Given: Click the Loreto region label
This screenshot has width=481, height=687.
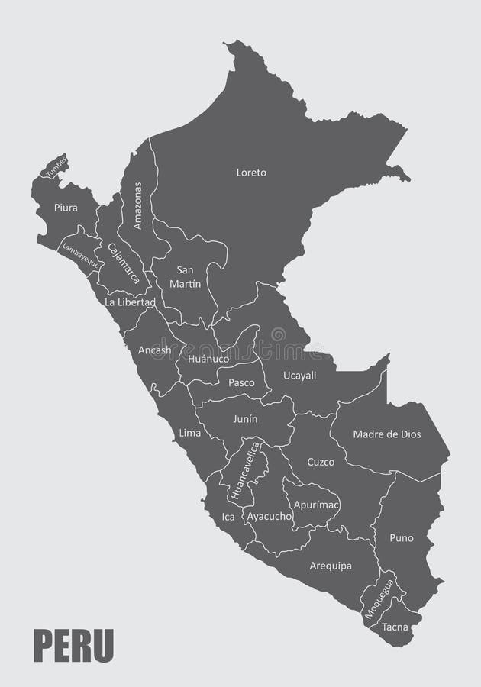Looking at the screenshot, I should click(251, 173).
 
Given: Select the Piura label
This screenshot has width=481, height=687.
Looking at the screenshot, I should click(66, 207).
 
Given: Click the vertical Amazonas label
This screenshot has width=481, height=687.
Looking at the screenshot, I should click(137, 205).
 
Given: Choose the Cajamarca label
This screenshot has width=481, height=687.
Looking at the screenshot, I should click(124, 263).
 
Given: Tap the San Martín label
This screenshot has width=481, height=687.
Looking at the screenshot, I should click(189, 276).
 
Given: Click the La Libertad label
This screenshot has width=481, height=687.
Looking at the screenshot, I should click(130, 302).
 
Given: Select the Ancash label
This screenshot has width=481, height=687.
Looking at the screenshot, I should click(154, 350).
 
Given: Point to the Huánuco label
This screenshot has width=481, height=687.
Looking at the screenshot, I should click(208, 357).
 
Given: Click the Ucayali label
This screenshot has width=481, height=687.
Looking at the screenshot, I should click(299, 376).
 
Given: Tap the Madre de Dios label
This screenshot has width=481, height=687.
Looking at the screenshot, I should click(387, 434).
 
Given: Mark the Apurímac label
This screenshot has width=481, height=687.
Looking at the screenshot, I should click(315, 505).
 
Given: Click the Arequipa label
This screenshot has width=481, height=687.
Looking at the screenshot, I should click(331, 566).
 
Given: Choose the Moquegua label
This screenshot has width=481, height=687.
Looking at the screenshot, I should click(379, 598).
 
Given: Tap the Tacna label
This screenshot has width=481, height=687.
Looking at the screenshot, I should click(396, 628).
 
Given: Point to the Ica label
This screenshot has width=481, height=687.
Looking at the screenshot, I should click(228, 517).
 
